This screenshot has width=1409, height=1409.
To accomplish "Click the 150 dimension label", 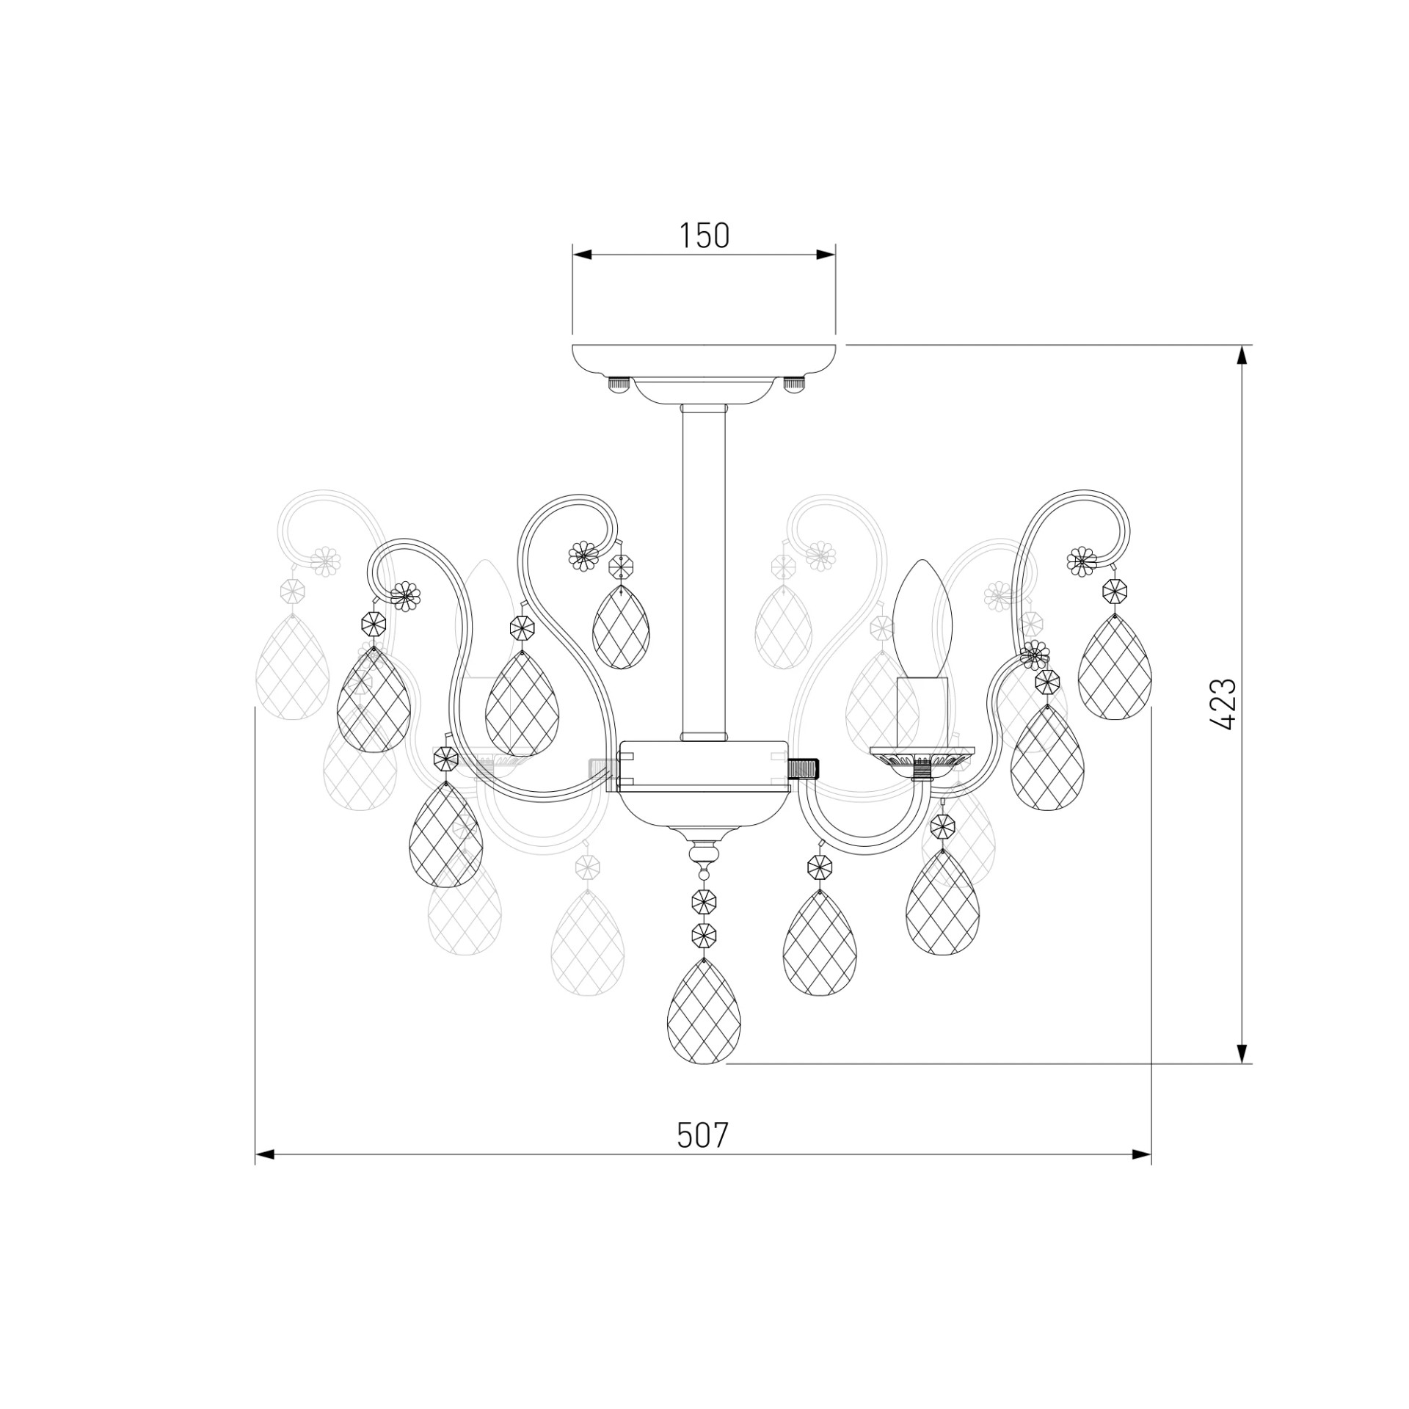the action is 704,236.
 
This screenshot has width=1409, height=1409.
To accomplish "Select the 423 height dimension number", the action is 1224,704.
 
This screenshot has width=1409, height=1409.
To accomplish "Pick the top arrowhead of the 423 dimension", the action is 1242,355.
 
